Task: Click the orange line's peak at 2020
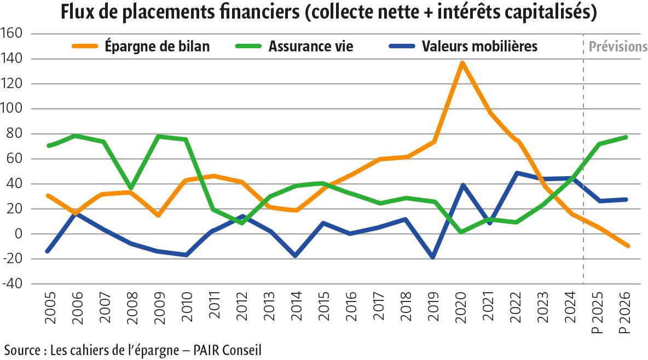coord(462,63)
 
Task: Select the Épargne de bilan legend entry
coord(157,47)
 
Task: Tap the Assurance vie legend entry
coord(310,47)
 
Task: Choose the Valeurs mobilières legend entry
coord(479,47)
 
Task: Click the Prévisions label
coord(618,47)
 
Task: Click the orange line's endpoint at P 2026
coord(627,246)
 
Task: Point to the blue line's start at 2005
coord(49,251)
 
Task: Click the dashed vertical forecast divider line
coord(583,164)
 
